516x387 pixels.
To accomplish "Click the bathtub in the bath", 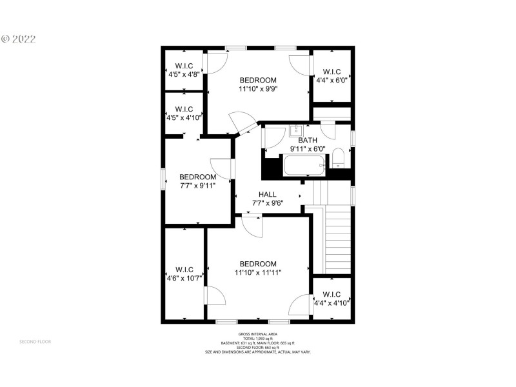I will (x=304, y=168).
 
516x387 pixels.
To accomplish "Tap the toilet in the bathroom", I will (x=339, y=159).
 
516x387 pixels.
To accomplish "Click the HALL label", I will (x=268, y=194).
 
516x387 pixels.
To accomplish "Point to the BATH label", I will (x=308, y=140).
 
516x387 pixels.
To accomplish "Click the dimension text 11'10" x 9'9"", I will (x=258, y=89).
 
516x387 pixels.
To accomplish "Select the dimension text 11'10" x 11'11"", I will (x=258, y=273).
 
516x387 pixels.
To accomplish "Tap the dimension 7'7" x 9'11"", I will (x=197, y=186).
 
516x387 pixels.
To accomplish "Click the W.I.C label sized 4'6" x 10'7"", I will (x=184, y=270).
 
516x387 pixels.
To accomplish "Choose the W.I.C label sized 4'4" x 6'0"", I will (x=332, y=72).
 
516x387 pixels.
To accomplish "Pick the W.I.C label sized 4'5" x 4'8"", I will (x=184, y=66).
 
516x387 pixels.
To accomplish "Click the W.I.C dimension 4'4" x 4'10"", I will (x=332, y=303).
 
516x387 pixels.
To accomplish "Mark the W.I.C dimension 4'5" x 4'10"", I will (x=184, y=117).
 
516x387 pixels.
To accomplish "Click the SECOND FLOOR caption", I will (x=35, y=341).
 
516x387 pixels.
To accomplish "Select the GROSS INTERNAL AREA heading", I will (x=258, y=333).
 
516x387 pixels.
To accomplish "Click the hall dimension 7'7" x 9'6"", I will (x=268, y=203).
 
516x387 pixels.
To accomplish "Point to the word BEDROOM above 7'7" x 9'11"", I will (x=197, y=177).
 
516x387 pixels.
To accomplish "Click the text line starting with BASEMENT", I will (x=258, y=342).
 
